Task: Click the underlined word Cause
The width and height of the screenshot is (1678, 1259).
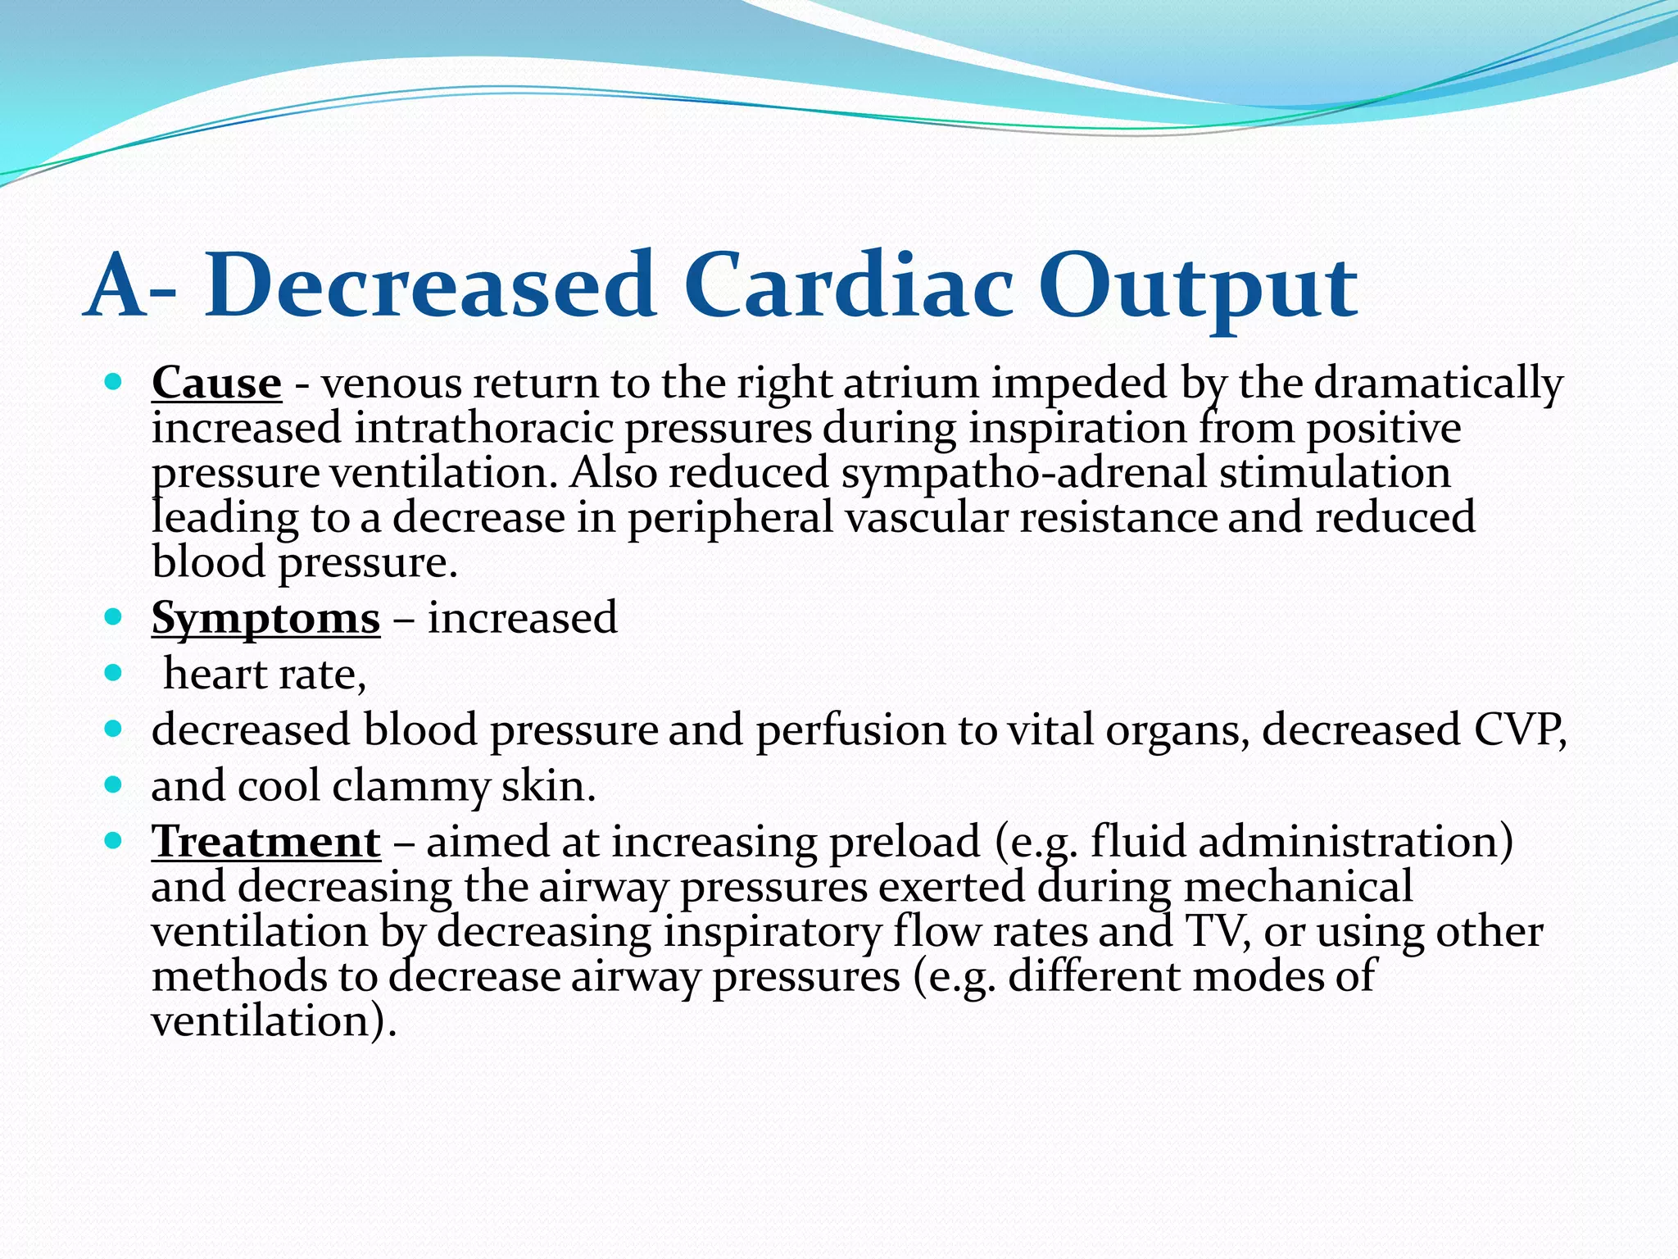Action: [216, 383]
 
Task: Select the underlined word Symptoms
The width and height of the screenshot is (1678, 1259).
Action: [265, 618]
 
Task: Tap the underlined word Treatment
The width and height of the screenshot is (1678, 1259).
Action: [265, 842]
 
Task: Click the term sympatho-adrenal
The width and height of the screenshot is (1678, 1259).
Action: [1023, 473]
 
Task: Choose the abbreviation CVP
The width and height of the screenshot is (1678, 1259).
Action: [1520, 729]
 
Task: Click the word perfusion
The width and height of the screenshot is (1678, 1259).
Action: [850, 729]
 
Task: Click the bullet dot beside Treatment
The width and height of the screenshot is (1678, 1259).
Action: [114, 841]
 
